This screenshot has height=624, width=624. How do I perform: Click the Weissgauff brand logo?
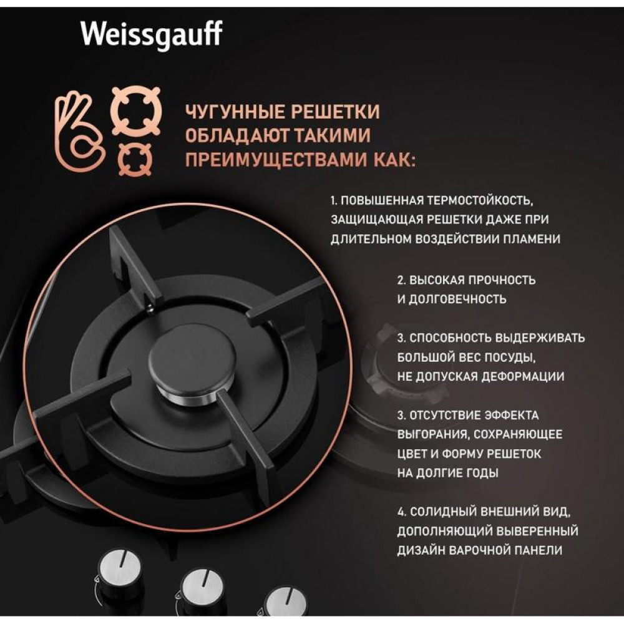click(x=152, y=35)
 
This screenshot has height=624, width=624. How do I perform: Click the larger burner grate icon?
click(x=136, y=111)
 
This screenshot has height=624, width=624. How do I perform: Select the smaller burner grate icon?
click(x=135, y=160)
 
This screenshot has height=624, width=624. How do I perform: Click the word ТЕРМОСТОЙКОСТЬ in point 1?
click(x=479, y=200)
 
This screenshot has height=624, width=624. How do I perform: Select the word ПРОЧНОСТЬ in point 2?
click(x=502, y=280)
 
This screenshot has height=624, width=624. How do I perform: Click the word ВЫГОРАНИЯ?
click(x=429, y=434)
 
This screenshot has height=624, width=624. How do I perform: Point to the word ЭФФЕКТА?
click(x=512, y=415)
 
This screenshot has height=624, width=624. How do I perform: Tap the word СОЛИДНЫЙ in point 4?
click(x=443, y=512)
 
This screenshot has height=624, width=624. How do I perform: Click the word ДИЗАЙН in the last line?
click(x=420, y=550)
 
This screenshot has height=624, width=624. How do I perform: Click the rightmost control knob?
click(x=285, y=605)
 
